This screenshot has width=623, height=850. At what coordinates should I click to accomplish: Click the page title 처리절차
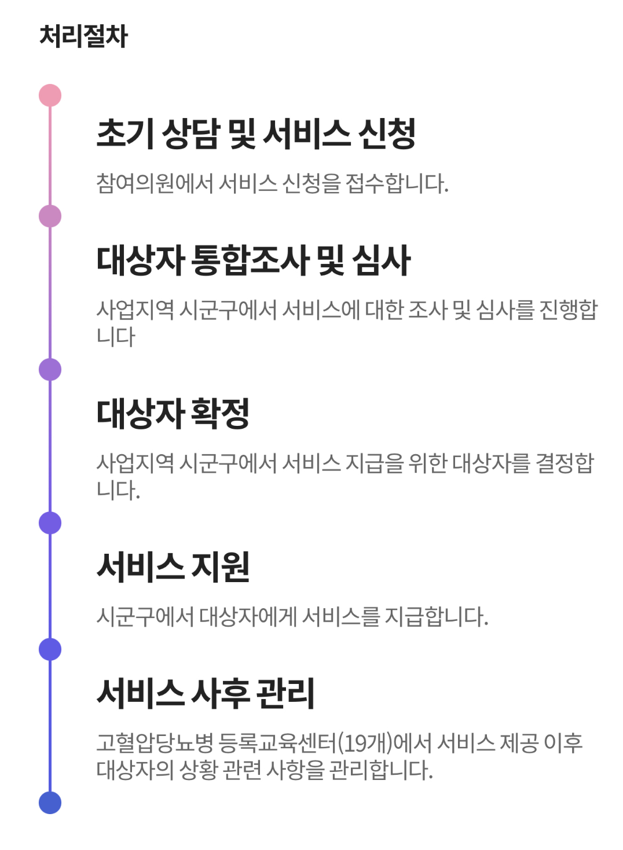tap(83, 36)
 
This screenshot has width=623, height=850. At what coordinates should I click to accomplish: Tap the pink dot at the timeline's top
tap(50, 95)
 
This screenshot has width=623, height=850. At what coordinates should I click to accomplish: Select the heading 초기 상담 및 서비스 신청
tap(256, 134)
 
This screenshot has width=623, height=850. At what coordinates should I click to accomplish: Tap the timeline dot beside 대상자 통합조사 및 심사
tap(50, 216)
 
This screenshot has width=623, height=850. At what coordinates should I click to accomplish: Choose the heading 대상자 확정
tap(173, 413)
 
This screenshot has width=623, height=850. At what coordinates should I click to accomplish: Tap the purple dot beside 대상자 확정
tap(50, 370)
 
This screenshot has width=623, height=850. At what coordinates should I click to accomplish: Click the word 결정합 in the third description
tap(565, 463)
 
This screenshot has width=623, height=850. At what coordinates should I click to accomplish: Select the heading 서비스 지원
tap(173, 566)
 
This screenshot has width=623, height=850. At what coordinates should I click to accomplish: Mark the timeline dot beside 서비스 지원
tap(50, 523)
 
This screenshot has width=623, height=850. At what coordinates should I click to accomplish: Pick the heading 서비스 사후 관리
tap(206, 693)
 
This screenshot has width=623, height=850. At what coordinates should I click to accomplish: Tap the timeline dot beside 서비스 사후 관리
tap(50, 649)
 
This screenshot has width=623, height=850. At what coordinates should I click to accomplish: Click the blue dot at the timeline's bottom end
tap(50, 803)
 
